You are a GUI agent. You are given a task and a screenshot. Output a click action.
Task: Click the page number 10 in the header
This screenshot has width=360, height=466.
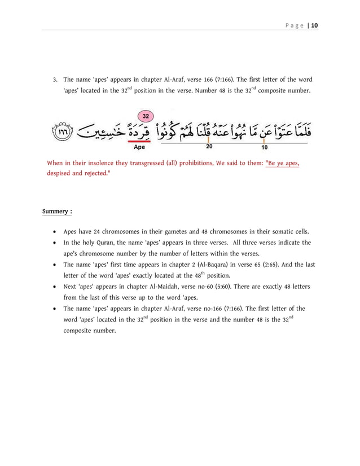(x=314, y=25)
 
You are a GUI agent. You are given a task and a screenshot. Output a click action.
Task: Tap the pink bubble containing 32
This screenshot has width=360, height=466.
(x=146, y=116)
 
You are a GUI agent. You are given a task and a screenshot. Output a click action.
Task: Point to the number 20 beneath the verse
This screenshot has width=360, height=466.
(x=209, y=147)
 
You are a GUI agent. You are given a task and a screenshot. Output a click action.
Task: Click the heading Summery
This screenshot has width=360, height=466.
(x=56, y=212)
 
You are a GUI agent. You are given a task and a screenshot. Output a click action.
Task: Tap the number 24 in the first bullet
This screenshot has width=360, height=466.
(x=97, y=232)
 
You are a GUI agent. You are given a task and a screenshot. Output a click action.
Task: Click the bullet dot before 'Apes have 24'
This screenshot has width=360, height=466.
(x=53, y=232)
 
